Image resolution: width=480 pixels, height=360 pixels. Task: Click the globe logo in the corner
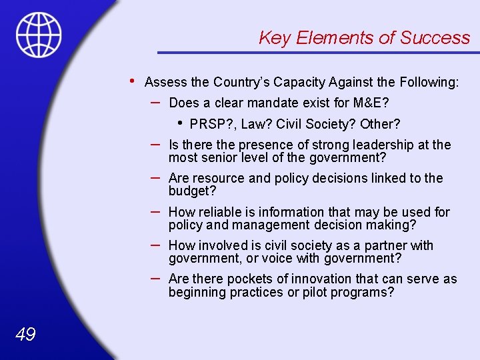(x=39, y=35)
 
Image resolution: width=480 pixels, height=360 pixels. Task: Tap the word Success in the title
(x=435, y=38)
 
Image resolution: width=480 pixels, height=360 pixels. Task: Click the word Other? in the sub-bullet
(x=380, y=125)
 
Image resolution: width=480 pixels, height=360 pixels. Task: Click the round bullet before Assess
(x=133, y=81)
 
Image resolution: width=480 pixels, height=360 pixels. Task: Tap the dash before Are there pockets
(x=155, y=277)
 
